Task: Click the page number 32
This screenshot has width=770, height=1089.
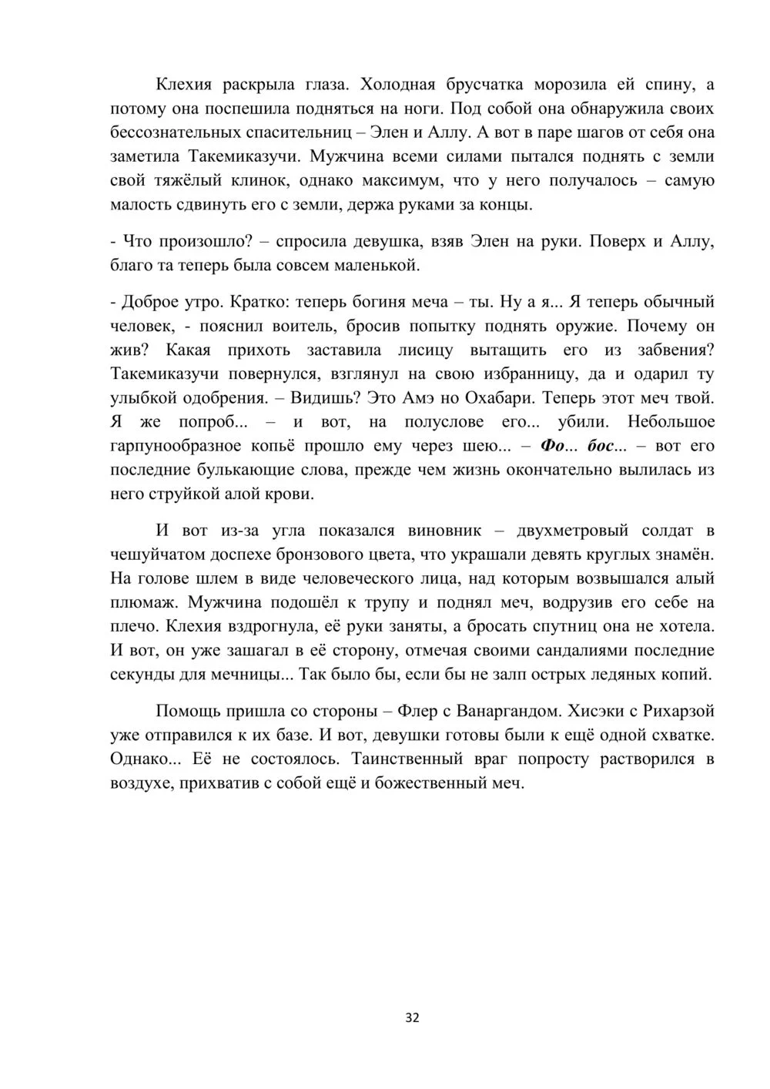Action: (x=412, y=1017)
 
